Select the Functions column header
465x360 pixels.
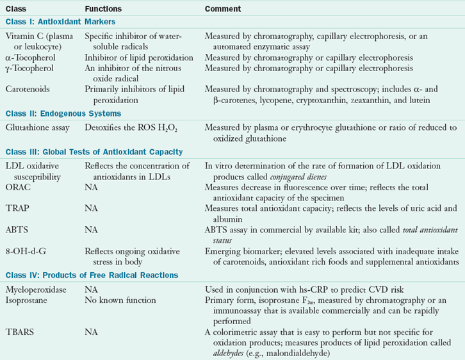(x=104, y=10)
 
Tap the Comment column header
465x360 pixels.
(x=224, y=10)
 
